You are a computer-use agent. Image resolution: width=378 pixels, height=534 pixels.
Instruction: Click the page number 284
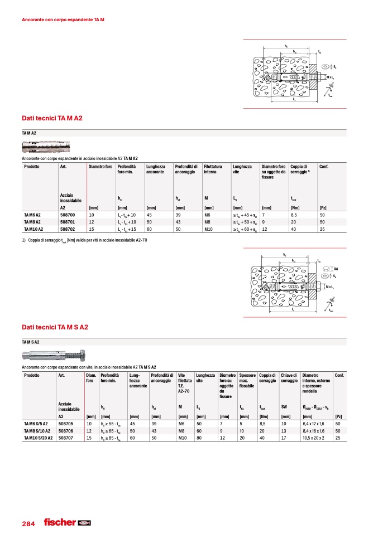28,524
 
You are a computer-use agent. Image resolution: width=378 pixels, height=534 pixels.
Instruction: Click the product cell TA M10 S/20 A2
38,438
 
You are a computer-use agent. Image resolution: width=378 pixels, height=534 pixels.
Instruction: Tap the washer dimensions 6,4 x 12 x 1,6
314,424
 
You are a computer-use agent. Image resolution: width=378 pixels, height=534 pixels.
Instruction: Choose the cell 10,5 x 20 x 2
313,438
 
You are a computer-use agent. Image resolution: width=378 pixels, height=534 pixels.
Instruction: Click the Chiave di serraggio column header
289,378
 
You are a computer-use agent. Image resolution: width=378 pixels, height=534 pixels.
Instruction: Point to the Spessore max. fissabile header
247,381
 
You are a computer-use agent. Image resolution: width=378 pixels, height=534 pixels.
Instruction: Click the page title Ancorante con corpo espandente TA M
63,20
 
